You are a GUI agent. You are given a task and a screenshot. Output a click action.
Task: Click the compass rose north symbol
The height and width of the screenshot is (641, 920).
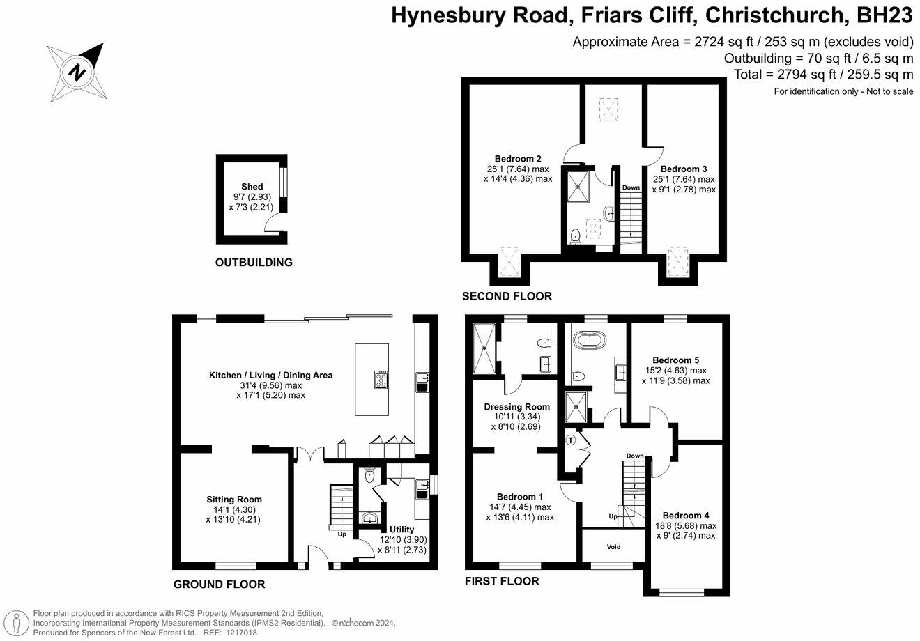[77, 72]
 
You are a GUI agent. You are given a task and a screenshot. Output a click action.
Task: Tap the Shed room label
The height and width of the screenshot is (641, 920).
[252, 187]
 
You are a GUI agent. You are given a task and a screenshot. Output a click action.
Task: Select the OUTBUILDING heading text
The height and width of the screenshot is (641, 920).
[254, 263]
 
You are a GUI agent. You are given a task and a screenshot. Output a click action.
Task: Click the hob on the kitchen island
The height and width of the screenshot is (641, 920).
[381, 380]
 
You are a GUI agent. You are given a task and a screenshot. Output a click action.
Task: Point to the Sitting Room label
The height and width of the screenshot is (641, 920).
[234, 500]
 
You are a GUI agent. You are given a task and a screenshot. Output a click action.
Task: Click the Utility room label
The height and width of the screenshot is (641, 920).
[401, 530]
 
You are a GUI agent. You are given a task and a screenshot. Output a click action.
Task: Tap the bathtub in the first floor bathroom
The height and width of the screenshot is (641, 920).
[590, 341]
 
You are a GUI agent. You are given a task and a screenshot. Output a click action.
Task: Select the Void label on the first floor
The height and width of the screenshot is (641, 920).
[613, 547]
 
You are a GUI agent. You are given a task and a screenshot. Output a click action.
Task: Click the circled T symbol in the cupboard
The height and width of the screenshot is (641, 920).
[571, 440]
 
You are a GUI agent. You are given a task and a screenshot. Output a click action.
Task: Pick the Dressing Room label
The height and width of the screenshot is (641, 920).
[516, 406]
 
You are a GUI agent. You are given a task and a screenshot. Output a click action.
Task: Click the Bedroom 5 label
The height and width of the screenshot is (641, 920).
[675, 360]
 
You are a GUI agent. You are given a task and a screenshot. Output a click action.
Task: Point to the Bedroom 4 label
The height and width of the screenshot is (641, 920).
[686, 516]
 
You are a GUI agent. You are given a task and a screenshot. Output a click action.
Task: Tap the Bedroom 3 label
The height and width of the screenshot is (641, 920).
[684, 169]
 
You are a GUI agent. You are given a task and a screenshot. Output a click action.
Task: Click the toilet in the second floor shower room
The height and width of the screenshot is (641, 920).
[576, 236]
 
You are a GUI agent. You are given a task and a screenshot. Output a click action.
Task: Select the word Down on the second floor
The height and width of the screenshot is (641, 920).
[631, 187]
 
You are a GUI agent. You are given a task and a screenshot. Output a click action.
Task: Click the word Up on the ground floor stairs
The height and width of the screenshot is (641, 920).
[342, 534]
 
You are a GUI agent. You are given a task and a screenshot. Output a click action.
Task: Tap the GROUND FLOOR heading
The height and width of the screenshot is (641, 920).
[219, 585]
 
